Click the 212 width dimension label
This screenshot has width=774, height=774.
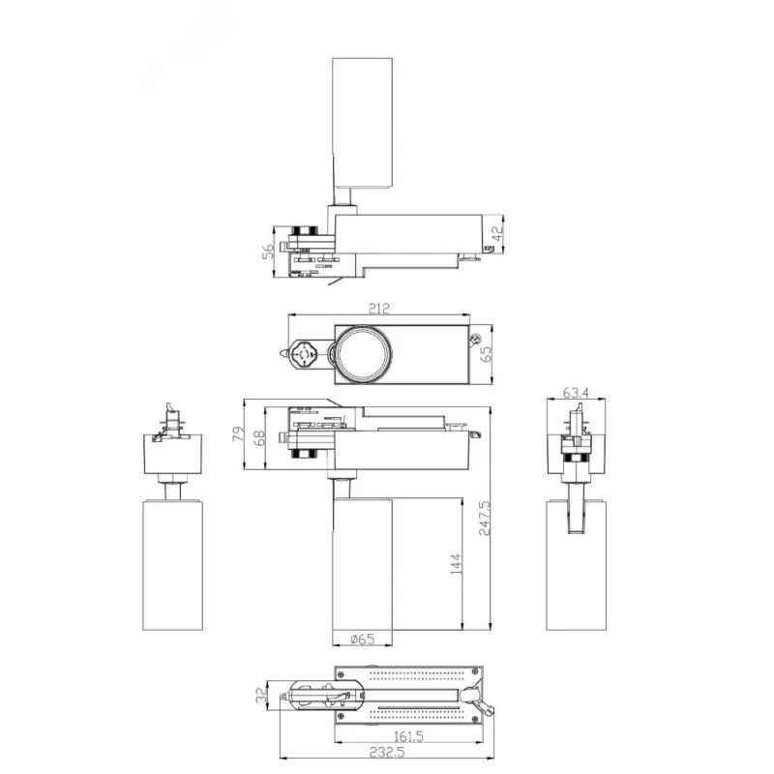(x=378, y=309)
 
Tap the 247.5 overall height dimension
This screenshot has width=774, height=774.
(x=485, y=519)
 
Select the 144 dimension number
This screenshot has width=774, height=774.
(x=456, y=564)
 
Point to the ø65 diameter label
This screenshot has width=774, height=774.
(x=363, y=640)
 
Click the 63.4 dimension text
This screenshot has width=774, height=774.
(x=576, y=393)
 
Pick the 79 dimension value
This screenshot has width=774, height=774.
(x=238, y=433)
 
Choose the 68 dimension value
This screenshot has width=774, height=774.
(x=258, y=438)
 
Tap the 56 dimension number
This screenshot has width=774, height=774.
(x=268, y=252)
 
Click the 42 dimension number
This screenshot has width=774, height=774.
(x=498, y=233)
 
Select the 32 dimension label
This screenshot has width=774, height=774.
(x=261, y=696)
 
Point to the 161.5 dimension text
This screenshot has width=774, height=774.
(x=408, y=736)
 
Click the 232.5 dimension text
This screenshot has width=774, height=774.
(x=388, y=753)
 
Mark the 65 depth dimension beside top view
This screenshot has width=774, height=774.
(x=487, y=354)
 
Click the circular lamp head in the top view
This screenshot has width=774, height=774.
(x=365, y=354)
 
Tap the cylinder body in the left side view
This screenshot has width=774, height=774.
(x=173, y=565)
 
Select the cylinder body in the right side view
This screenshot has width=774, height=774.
(x=576, y=565)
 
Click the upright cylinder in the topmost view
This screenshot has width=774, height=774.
(x=362, y=123)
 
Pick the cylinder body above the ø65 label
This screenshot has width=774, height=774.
(x=362, y=564)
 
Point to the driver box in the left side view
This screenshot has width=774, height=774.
(x=173, y=454)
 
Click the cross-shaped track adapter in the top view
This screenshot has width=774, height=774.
(x=302, y=354)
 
